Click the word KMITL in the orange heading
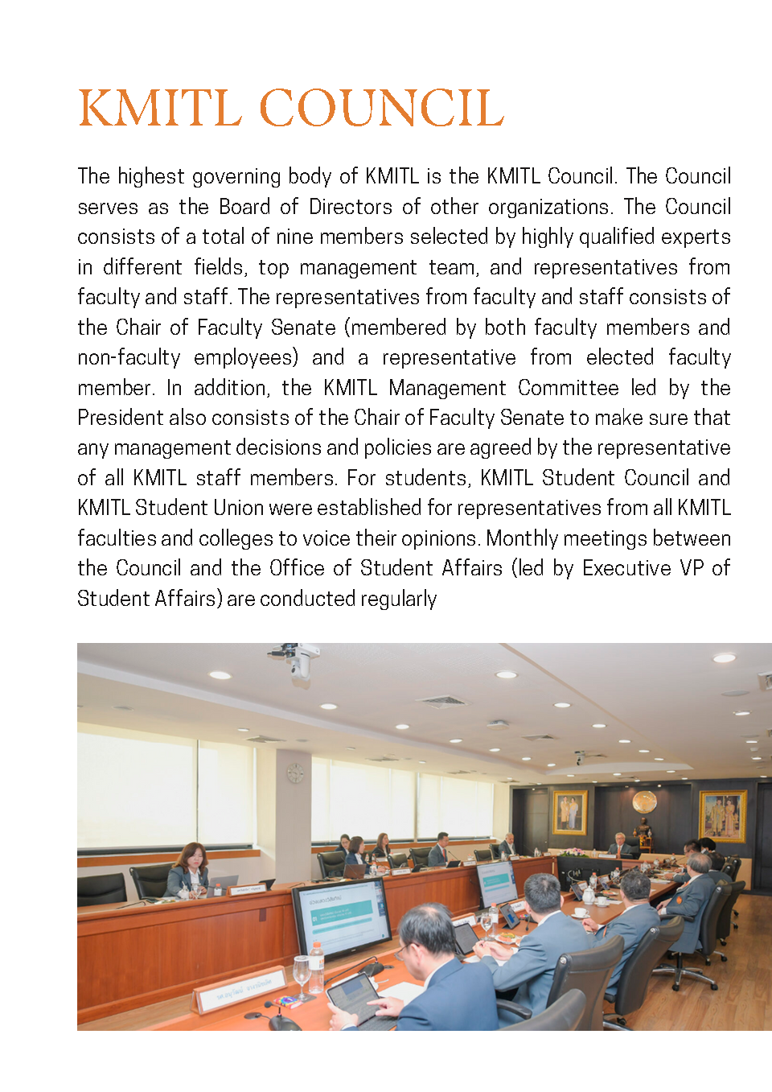[160, 109]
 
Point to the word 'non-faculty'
[129, 357]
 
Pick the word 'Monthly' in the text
[522, 538]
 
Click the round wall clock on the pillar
[295, 773]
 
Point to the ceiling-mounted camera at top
[298, 657]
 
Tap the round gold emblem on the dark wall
[643, 801]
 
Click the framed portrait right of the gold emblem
[722, 815]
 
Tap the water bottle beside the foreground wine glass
[317, 966]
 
